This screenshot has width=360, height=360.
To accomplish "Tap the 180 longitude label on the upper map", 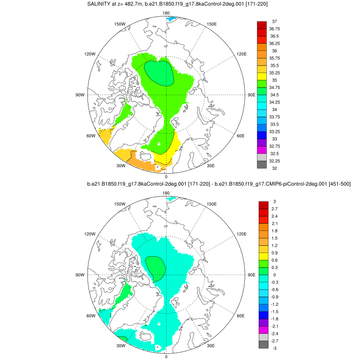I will coord(166,13).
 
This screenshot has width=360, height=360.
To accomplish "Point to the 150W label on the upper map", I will coord(120,24).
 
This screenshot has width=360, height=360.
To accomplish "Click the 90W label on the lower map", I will coord(80,275).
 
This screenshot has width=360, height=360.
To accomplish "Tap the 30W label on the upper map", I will coord(120,166).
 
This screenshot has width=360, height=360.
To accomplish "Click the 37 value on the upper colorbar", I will coord(275,21).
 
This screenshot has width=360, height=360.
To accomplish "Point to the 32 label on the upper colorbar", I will coord(275,169).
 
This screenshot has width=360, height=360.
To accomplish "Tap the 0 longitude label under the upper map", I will coord(166,176).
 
